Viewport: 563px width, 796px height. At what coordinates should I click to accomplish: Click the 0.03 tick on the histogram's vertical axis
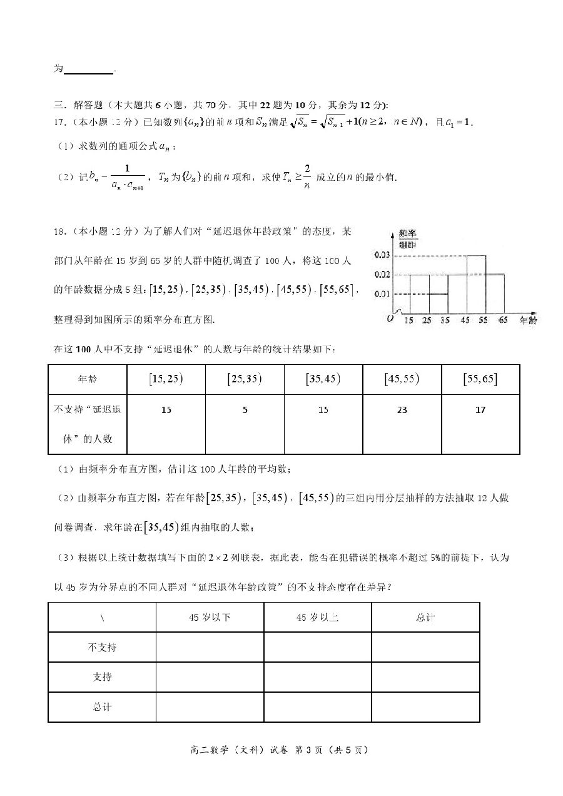click(x=382, y=255)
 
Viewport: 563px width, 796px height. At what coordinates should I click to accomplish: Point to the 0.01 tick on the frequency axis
click(x=382, y=293)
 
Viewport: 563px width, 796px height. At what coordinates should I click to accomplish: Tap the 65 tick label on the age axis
click(x=503, y=320)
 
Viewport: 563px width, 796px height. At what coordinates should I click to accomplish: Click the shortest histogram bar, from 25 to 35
click(x=439, y=303)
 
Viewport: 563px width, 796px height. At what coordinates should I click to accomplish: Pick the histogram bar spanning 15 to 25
click(x=419, y=293)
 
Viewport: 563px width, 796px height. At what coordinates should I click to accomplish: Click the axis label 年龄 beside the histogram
click(x=527, y=320)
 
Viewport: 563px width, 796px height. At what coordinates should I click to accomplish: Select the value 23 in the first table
click(x=402, y=410)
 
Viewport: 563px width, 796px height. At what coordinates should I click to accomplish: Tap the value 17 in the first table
click(x=480, y=410)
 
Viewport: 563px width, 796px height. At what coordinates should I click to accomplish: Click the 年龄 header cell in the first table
click(x=87, y=379)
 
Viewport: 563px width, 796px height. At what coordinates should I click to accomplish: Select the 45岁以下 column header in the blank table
click(x=210, y=617)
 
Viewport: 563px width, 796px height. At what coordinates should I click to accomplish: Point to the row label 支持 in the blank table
click(x=102, y=677)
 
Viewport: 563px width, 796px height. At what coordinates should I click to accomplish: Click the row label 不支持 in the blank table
click(x=102, y=647)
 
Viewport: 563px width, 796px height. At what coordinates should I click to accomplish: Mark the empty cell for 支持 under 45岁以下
click(x=210, y=677)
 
